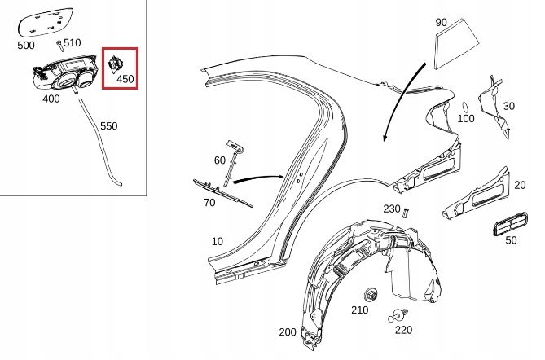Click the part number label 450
(x=125, y=79)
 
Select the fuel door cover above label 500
(x=46, y=22)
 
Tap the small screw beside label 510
(x=59, y=46)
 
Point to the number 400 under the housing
(x=51, y=99)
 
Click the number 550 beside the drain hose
(x=109, y=126)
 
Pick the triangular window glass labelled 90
(x=456, y=44)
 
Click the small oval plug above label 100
(x=465, y=107)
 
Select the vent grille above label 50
(x=510, y=224)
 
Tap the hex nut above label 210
(x=370, y=295)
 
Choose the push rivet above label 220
(x=398, y=316)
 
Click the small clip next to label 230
(x=405, y=213)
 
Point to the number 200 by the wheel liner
(x=288, y=332)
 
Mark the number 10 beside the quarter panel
(x=218, y=242)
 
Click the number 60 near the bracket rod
(x=220, y=160)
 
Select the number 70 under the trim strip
(x=209, y=203)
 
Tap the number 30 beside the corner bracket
(x=509, y=107)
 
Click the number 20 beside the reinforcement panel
(x=520, y=185)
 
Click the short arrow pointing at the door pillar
(x=259, y=178)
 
